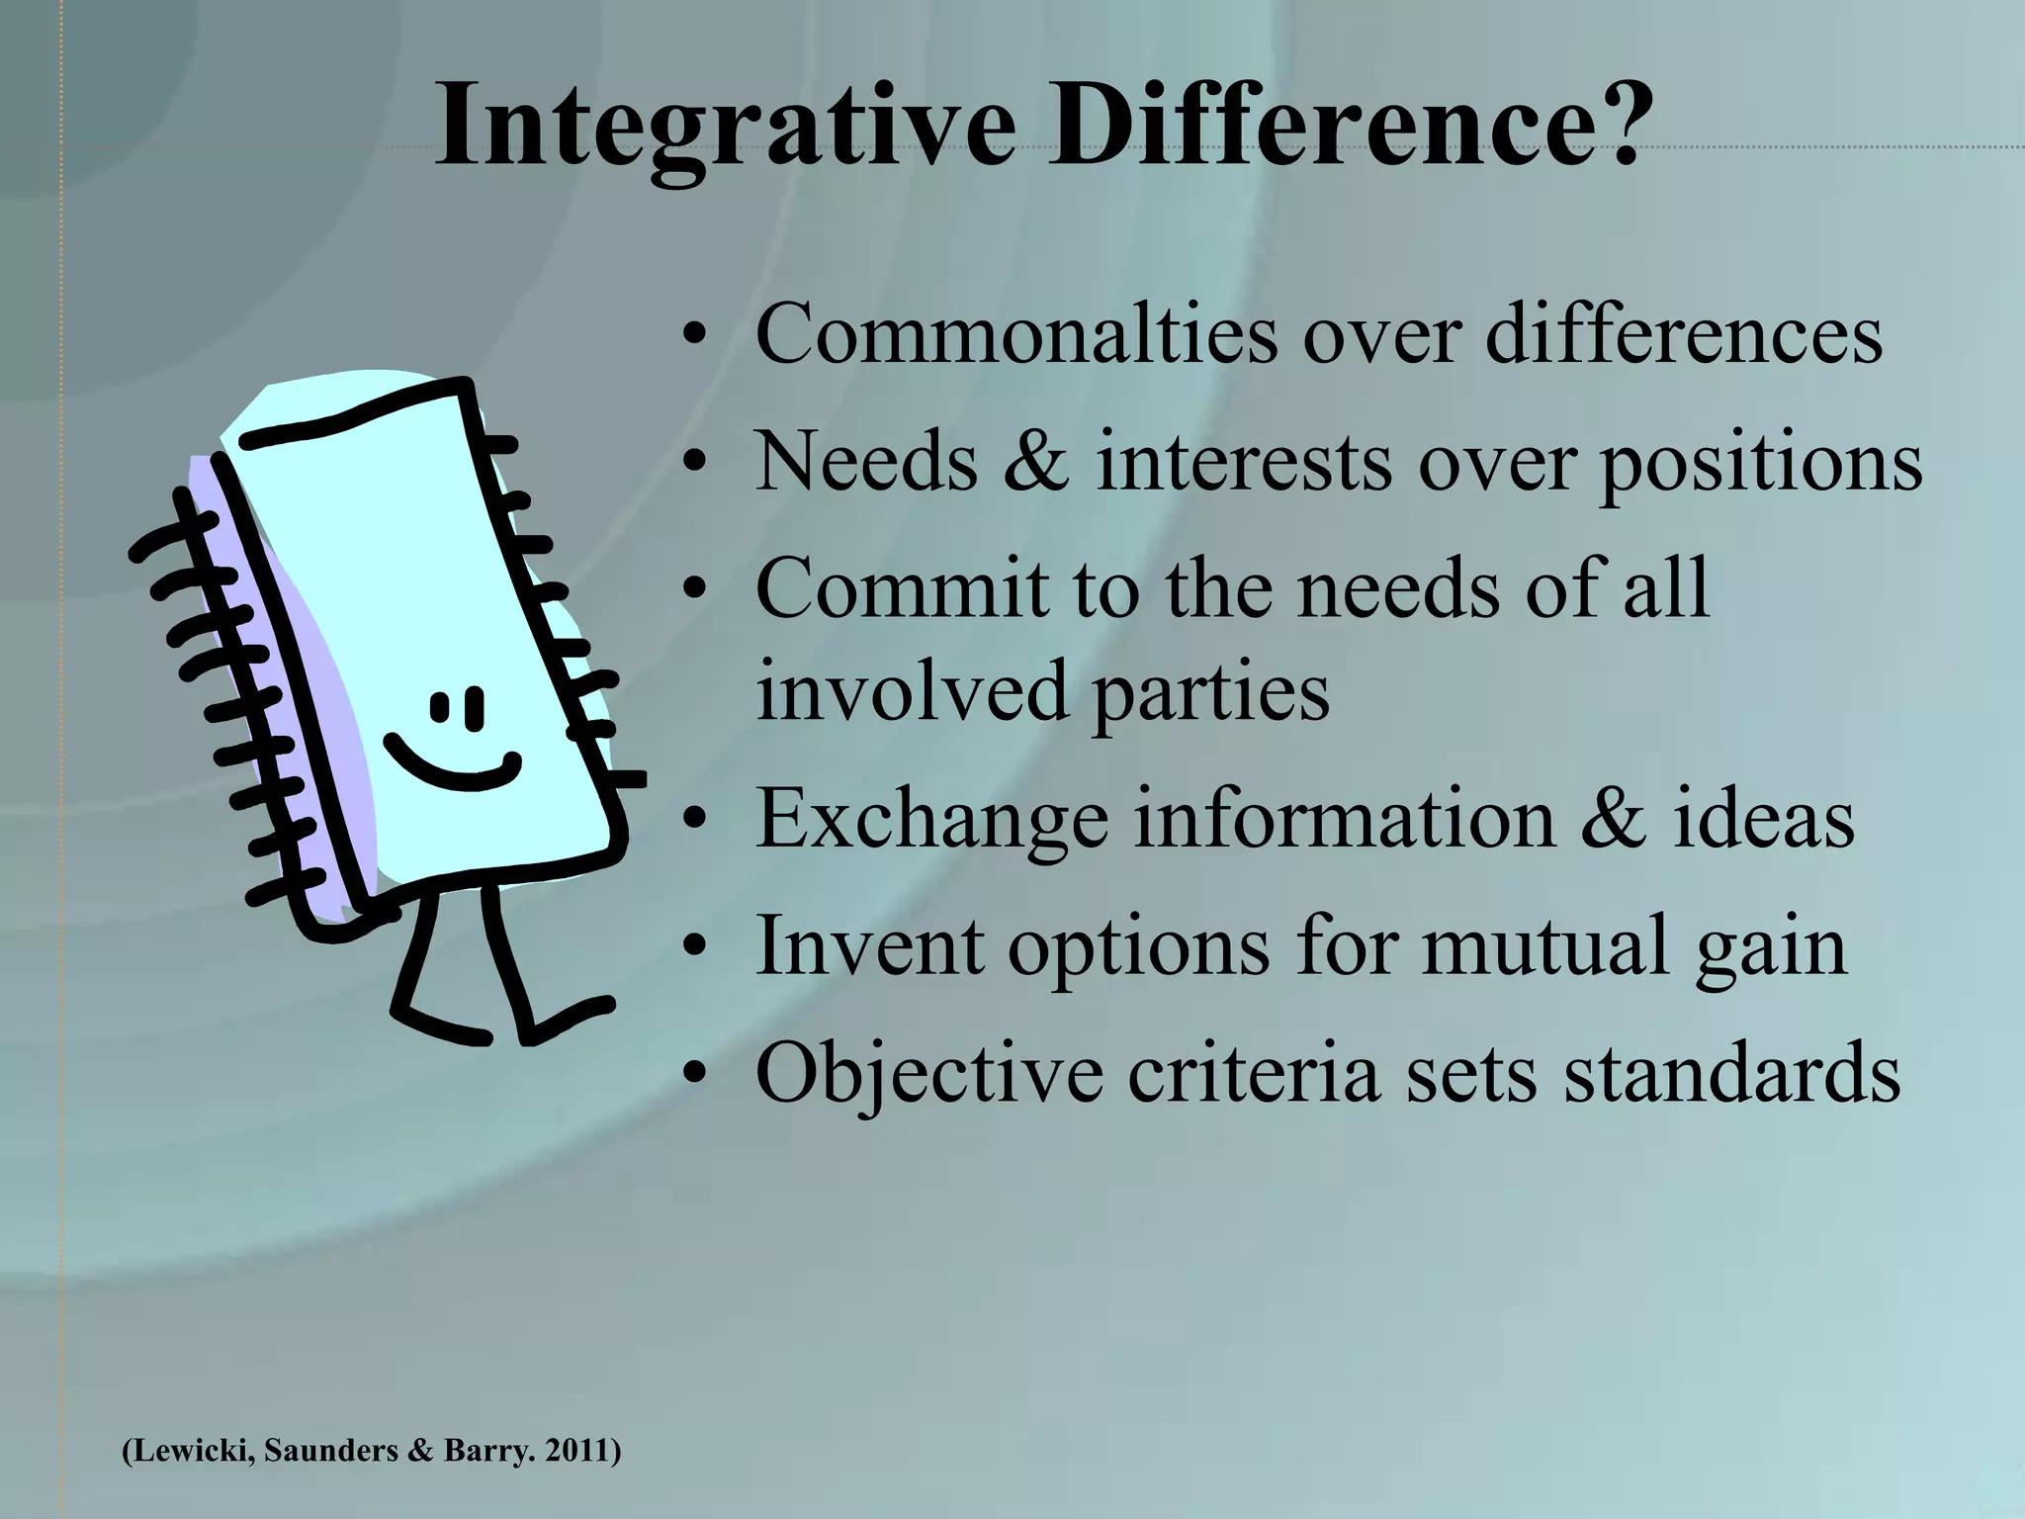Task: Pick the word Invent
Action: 871,945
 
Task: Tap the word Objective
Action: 929,1073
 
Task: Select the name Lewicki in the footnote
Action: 188,1452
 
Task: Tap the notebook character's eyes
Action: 457,704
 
